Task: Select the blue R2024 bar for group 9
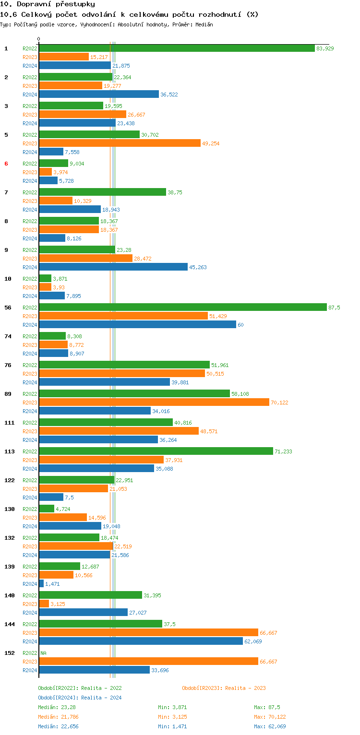coord(113,267)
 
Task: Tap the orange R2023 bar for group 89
coord(154,402)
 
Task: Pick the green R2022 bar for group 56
coord(183,307)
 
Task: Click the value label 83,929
coord(325,48)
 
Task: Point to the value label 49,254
coord(211,143)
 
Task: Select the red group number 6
coord(6,164)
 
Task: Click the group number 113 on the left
coord(9,451)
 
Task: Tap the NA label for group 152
coord(43,653)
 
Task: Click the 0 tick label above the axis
coord(39,39)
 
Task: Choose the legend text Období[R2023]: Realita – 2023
coord(224,688)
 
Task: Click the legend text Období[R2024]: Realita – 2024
coord(80,698)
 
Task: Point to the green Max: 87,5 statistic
coord(267,707)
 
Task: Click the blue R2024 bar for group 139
coord(41,583)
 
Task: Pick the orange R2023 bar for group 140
coord(44,604)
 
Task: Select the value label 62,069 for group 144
coord(253,641)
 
